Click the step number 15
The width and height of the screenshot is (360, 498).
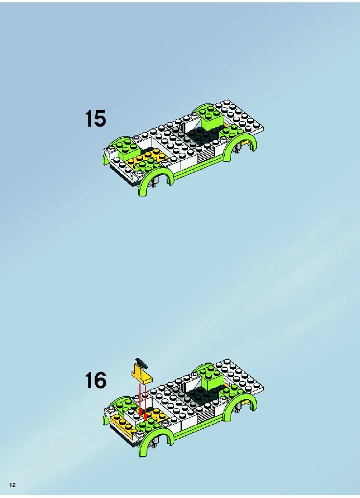pos(96,119)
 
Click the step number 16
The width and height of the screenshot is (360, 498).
pos(96,380)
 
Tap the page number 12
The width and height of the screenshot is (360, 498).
pos(13,485)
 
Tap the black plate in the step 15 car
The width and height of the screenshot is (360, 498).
pos(203,134)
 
